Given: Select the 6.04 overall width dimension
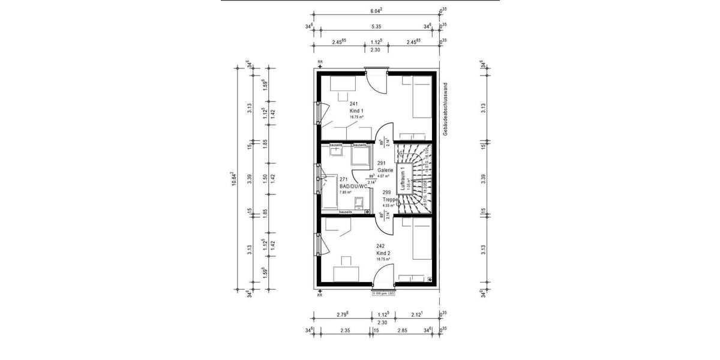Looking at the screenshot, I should click(376, 11).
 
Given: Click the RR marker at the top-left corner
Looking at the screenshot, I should click(320, 62).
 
